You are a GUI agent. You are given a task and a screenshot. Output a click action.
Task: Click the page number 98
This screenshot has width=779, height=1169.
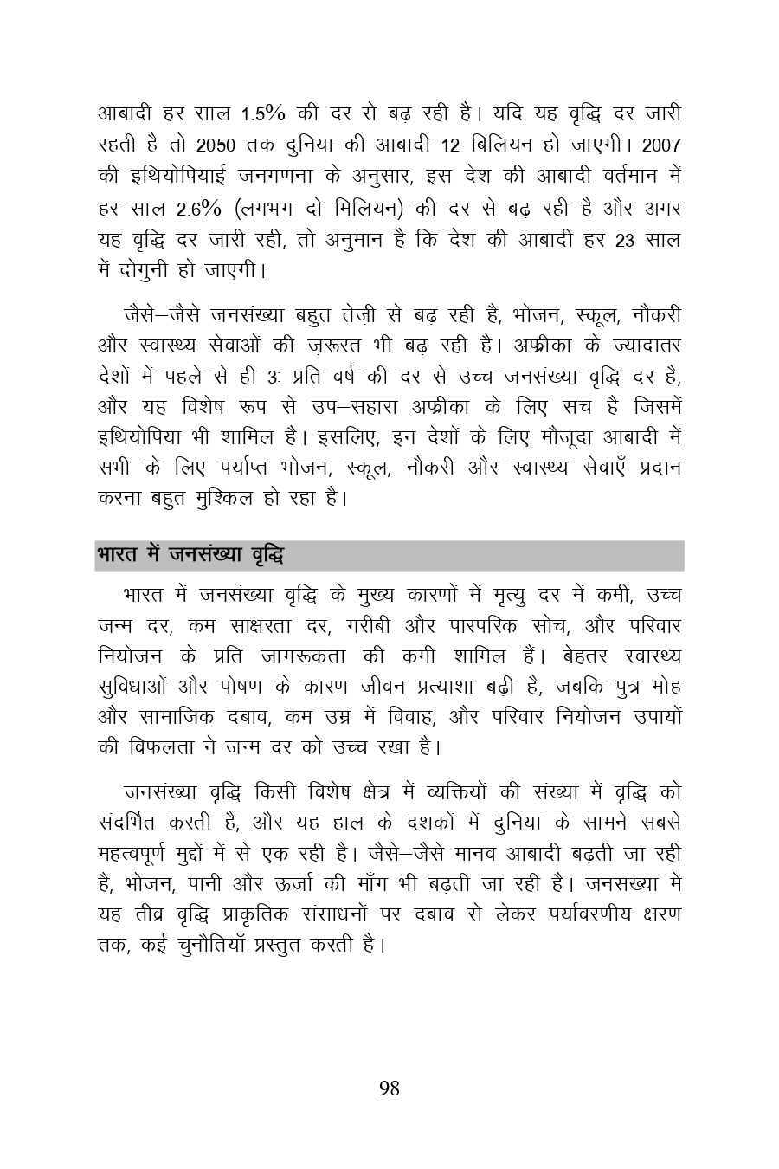coord(389,1088)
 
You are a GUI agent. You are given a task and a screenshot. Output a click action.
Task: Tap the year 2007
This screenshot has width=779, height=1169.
coord(662,144)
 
